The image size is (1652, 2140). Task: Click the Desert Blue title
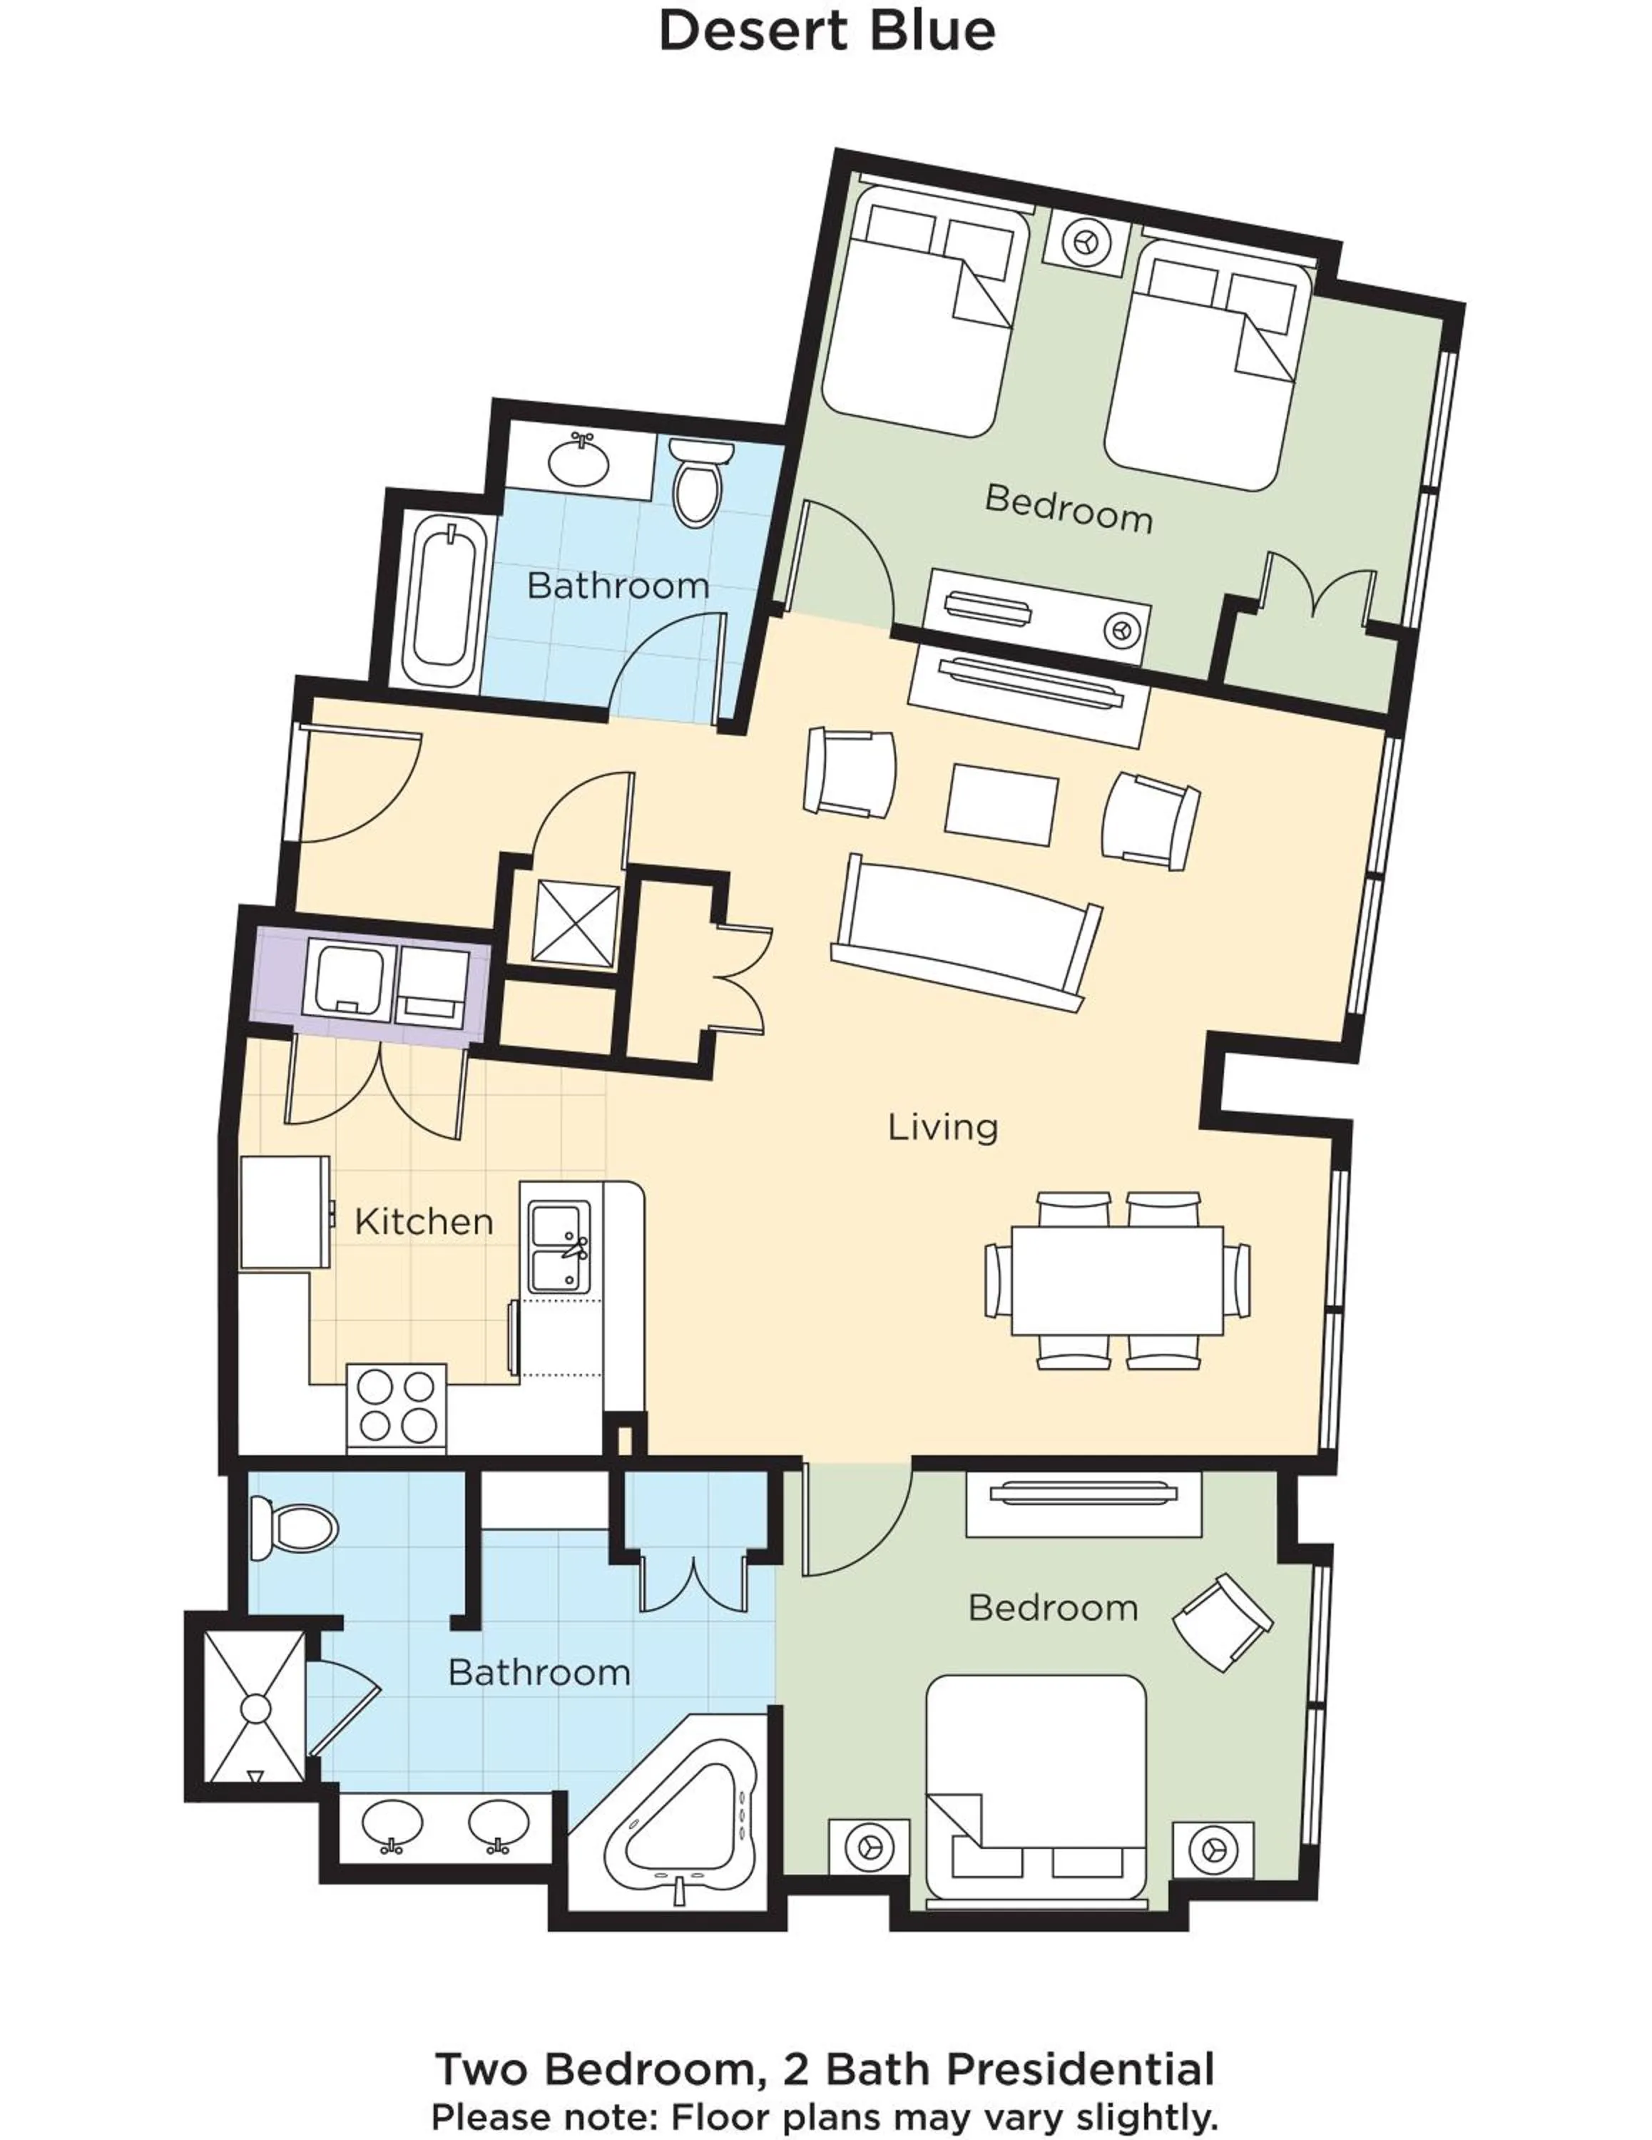pos(826,31)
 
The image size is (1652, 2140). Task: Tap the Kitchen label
pos(423,1222)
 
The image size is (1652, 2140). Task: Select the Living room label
pos(942,1127)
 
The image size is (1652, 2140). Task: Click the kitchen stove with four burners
pos(396,1407)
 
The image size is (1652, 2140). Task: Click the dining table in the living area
pos(1117,1280)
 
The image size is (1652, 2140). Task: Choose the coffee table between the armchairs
pos(1001,805)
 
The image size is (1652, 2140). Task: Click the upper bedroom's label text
pos(1068,508)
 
